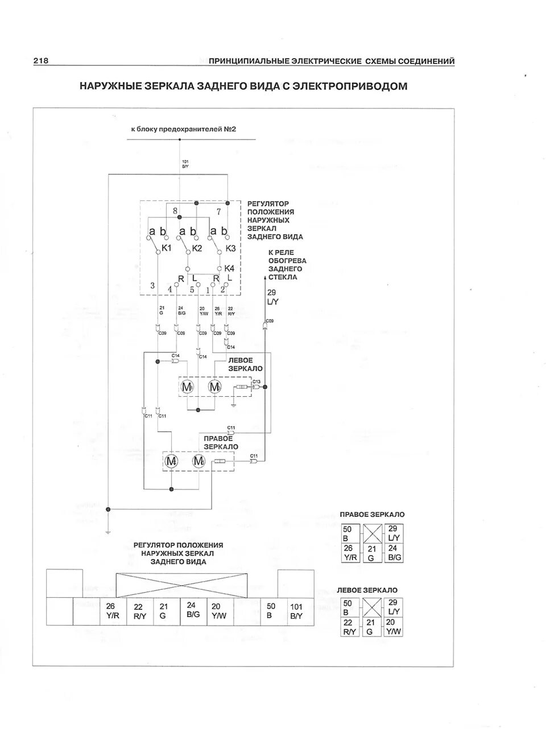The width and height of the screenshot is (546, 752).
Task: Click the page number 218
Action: pyautogui.click(x=40, y=61)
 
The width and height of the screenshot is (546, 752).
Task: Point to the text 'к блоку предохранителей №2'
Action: pyautogui.click(x=183, y=129)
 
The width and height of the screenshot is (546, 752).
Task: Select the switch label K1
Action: pyautogui.click(x=167, y=248)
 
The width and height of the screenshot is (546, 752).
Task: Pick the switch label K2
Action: pyautogui.click(x=197, y=248)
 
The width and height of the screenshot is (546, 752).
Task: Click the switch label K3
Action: pyautogui.click(x=230, y=248)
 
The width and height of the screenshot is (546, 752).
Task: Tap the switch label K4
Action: pyautogui.click(x=229, y=268)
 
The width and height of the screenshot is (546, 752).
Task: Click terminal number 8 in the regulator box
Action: pyautogui.click(x=175, y=211)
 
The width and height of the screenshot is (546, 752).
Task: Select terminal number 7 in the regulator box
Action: pyautogui.click(x=218, y=212)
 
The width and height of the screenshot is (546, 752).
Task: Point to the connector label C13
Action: pyautogui.click(x=257, y=381)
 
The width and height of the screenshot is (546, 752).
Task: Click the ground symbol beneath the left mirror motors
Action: pyautogui.click(x=234, y=405)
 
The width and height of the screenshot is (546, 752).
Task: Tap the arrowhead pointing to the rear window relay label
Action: pyautogui.click(x=265, y=278)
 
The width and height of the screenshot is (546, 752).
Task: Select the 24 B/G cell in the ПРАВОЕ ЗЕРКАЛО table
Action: pyautogui.click(x=393, y=553)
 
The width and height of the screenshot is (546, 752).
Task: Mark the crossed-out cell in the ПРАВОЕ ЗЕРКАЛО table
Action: pyautogui.click(x=371, y=534)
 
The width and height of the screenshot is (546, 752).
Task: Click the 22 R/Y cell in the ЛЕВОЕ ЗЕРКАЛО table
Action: pyautogui.click(x=348, y=627)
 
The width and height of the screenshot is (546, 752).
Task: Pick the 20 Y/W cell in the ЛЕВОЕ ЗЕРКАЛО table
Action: pyautogui.click(x=393, y=626)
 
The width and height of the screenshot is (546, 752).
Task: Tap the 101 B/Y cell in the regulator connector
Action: pyautogui.click(x=296, y=611)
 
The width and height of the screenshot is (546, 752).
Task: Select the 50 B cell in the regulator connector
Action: pyautogui.click(x=271, y=611)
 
